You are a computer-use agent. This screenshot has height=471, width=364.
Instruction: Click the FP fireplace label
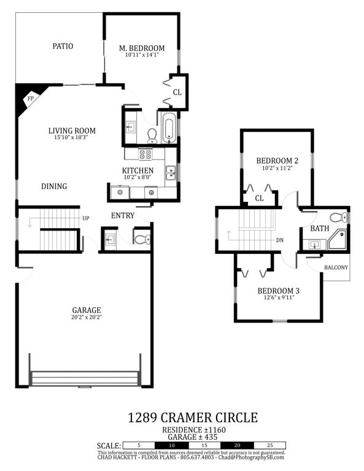point(30,99)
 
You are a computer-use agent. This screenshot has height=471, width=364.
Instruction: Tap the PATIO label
point(63,46)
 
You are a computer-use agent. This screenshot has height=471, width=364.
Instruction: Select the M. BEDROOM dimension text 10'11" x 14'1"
point(142,55)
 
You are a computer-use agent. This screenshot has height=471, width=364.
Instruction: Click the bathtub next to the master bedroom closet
point(169,131)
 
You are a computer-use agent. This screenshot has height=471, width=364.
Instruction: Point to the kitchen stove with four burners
point(145,155)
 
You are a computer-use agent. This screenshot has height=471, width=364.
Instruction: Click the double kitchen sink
point(171,173)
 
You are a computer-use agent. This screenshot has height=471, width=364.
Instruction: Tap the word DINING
point(54,186)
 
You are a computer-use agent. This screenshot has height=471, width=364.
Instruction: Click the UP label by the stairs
point(86,218)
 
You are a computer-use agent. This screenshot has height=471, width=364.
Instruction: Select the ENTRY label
point(123,215)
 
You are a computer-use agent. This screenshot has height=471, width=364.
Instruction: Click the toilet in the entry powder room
point(142,239)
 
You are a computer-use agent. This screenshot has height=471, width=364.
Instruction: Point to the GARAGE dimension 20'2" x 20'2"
point(87,317)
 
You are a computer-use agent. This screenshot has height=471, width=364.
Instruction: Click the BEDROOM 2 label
point(277,161)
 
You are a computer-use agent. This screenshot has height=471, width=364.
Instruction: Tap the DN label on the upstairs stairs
point(279,240)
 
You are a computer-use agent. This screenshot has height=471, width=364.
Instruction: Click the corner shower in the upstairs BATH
point(338,239)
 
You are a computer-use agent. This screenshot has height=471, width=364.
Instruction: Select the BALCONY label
point(336,267)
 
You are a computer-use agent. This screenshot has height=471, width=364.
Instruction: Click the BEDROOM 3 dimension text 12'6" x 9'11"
point(278,297)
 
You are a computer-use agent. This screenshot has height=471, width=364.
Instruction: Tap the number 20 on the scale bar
point(237,445)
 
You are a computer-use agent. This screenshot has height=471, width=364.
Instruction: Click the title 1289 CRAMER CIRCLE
point(193,418)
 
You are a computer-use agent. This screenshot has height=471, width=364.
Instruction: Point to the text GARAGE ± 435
point(192,437)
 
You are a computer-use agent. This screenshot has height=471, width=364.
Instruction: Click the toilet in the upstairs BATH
point(338,218)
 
